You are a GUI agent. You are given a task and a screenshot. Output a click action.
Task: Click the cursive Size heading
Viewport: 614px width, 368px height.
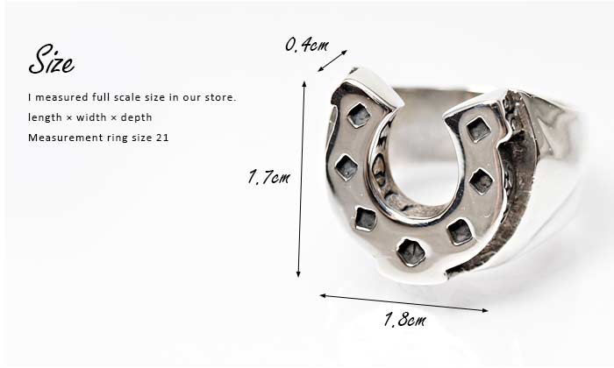coord(51,60)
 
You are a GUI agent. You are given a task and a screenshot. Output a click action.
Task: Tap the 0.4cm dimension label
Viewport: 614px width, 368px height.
coord(307,45)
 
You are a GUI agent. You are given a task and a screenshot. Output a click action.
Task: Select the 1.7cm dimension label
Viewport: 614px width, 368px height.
coord(268,177)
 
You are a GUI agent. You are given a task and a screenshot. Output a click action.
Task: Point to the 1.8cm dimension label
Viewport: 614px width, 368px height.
coord(405,320)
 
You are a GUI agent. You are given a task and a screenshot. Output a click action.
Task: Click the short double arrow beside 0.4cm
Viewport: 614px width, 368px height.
coord(332,60)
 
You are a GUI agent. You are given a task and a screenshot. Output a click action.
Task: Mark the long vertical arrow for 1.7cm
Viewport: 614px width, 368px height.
coord(301,179)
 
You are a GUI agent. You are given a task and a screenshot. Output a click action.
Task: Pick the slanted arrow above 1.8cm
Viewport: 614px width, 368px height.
coord(404,303)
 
